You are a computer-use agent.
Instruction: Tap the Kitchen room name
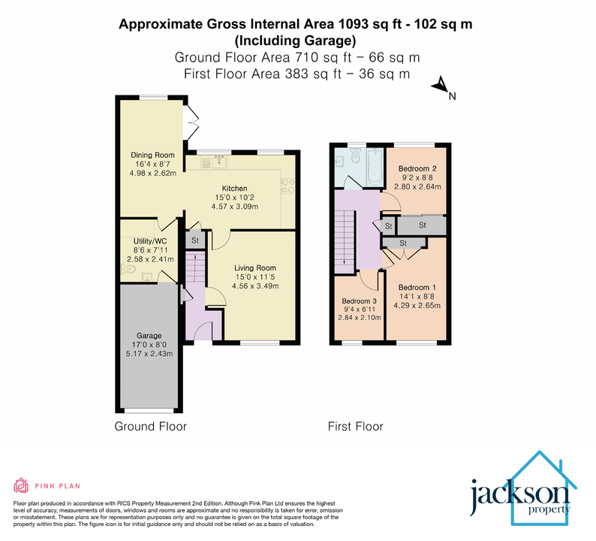234,189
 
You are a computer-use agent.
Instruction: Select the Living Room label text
255,267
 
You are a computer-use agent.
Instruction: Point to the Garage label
149,335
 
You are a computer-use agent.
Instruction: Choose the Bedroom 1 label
417,288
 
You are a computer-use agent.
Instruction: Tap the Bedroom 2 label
417,167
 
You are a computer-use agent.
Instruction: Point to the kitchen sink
218,161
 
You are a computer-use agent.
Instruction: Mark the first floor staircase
346,237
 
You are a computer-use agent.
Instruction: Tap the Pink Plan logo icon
21,485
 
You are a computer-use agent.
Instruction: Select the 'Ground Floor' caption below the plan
150,427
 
